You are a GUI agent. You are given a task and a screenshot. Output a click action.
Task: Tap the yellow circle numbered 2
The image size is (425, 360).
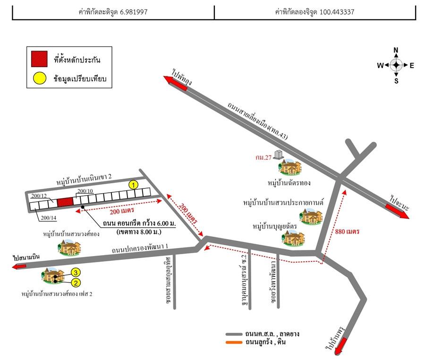[76, 282]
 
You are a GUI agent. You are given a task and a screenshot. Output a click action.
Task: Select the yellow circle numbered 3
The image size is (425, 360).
[76, 272]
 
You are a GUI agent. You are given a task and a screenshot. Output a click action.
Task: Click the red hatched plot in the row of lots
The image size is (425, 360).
[65, 202]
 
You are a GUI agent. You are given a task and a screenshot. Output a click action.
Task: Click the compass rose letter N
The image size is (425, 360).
[396, 51]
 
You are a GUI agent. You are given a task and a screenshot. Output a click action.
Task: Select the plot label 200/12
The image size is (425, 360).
[38, 196]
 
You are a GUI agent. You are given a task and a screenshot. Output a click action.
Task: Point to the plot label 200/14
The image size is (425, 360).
[49, 218]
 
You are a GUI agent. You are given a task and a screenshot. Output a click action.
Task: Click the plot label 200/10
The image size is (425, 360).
[85, 190]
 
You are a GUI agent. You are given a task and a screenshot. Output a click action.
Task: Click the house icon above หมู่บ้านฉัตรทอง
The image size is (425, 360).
[289, 167]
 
